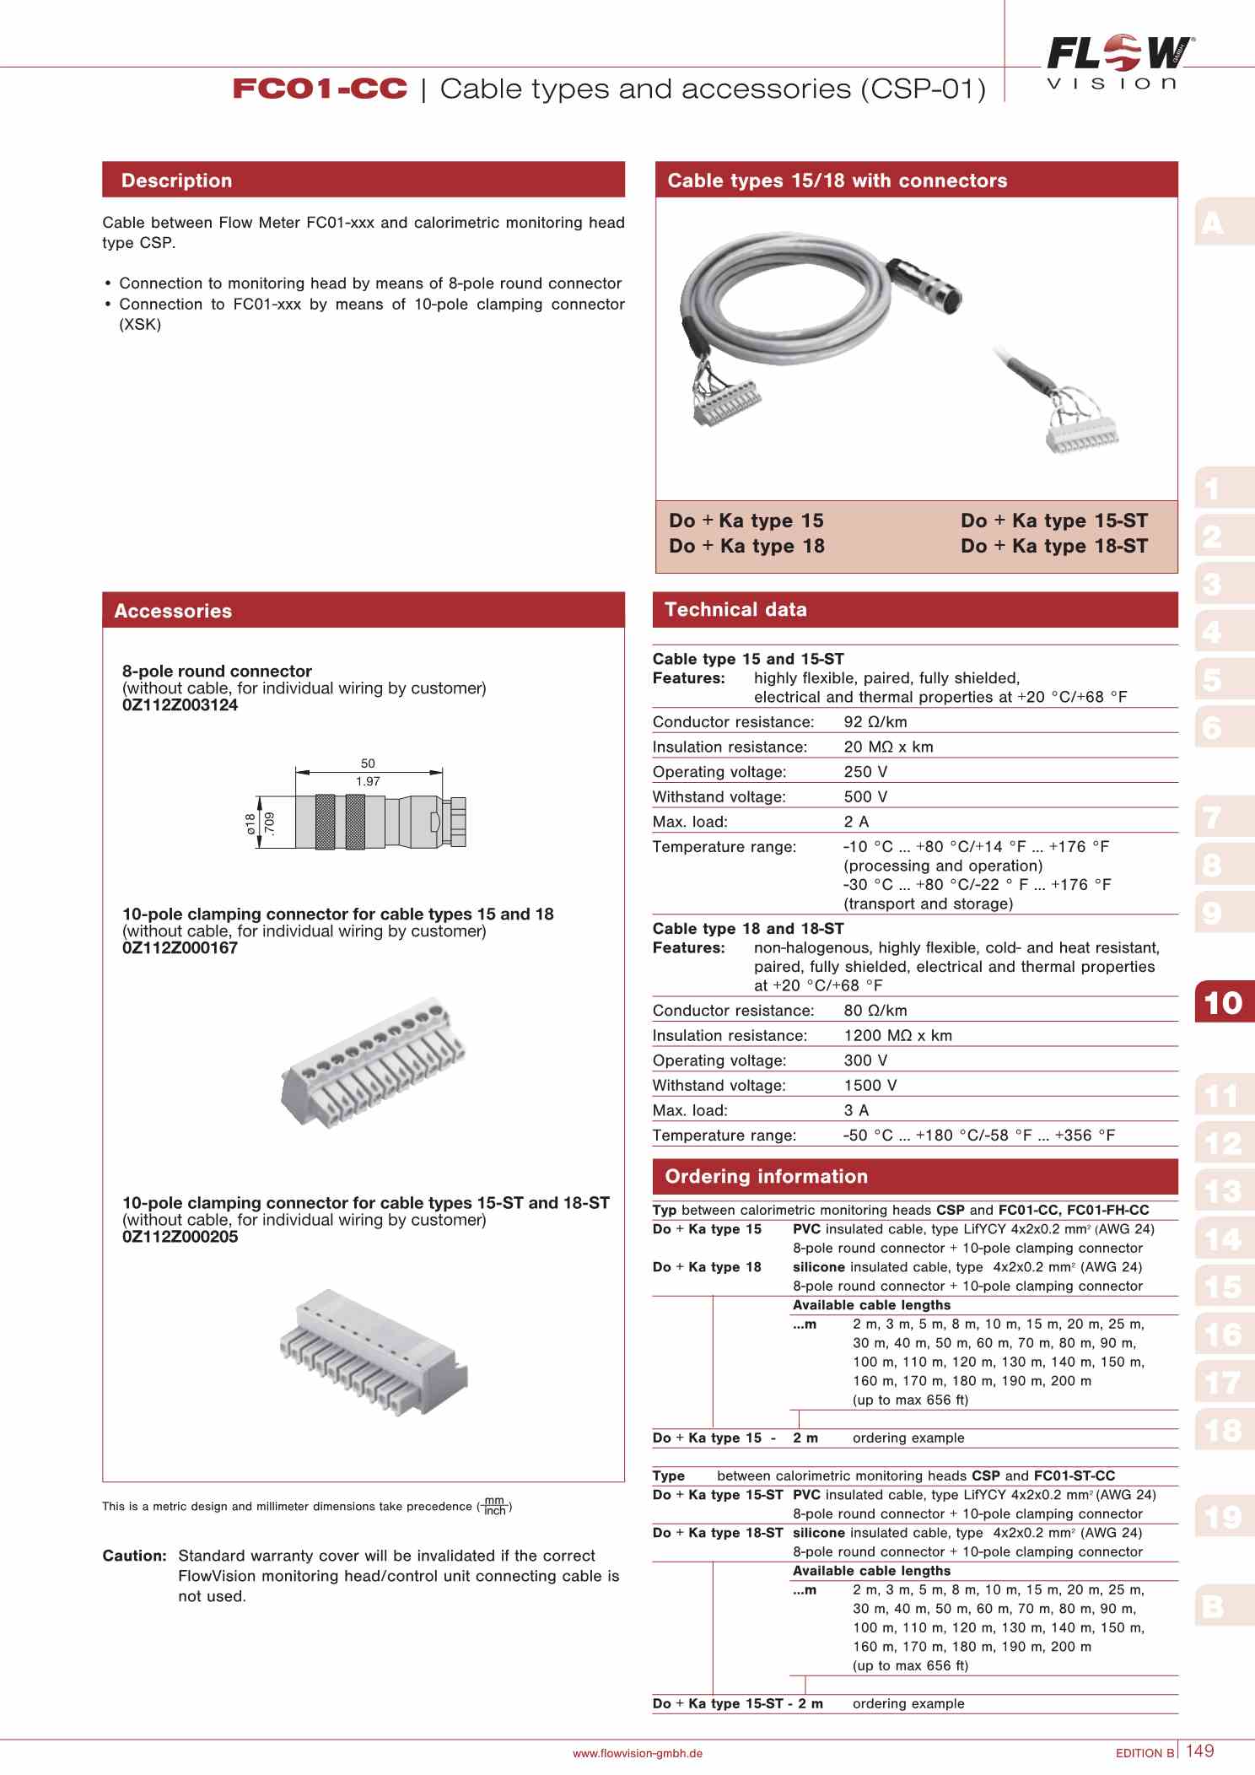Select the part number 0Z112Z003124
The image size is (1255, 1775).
(x=180, y=705)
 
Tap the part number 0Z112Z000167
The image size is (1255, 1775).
(x=180, y=948)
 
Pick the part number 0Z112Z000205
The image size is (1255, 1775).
(x=180, y=1237)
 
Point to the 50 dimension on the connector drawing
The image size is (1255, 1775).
(x=368, y=763)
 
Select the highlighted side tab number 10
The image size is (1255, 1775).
(x=1223, y=1002)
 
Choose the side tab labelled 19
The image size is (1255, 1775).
(x=1223, y=1518)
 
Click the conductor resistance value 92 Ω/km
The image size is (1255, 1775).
(x=875, y=722)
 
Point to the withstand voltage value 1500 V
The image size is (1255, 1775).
(x=870, y=1086)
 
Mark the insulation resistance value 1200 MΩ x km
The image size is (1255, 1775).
(x=897, y=1036)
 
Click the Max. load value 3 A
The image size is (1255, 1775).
(x=856, y=1111)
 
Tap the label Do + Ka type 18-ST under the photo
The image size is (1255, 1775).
(x=1054, y=547)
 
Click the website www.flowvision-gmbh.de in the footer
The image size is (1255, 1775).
(x=637, y=1753)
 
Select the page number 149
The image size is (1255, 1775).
(x=1199, y=1751)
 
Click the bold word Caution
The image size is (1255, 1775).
(x=134, y=1556)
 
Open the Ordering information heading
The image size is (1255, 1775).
(x=766, y=1177)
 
